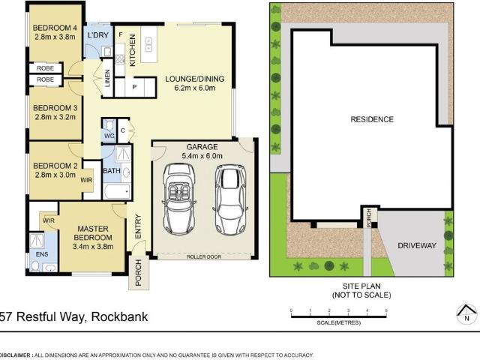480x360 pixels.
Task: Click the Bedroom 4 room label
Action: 55,29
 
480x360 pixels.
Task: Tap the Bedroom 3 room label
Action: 55,107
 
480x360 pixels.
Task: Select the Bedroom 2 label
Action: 55,165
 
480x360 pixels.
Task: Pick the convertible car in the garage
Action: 179,199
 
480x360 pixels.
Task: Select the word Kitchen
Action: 132,50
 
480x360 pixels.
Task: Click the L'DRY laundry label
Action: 98,35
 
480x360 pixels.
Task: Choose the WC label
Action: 108,135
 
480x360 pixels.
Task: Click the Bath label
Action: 112,171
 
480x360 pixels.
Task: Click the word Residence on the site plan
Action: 371,119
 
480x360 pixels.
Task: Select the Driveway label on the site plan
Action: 412,244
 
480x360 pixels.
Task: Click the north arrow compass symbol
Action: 465,313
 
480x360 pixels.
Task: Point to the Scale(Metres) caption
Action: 337,322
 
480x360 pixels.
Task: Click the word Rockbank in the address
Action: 120,316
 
